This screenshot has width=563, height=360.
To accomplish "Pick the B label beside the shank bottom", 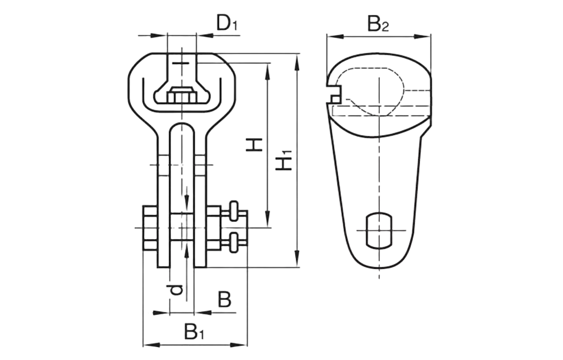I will pos(224,299).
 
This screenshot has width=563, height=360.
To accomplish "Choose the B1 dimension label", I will pos(195,332).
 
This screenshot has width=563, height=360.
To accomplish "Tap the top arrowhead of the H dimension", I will pos(267,72).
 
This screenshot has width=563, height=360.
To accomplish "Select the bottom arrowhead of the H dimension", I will pos(267,218).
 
